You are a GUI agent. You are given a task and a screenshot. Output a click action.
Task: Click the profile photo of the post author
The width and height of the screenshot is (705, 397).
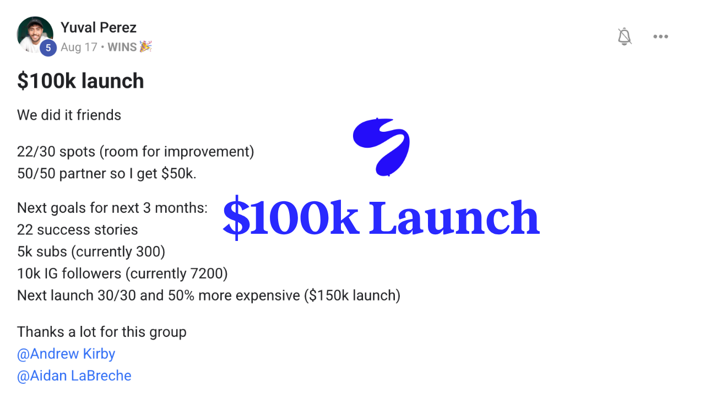(x=35, y=35)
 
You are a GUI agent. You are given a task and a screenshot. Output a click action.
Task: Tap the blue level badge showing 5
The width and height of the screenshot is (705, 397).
(x=48, y=48)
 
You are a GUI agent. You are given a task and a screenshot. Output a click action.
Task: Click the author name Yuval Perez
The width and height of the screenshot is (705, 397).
(x=99, y=28)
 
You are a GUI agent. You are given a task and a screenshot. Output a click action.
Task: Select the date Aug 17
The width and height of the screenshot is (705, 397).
(x=79, y=47)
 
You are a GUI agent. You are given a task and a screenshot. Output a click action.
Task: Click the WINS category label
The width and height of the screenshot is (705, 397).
(x=122, y=47)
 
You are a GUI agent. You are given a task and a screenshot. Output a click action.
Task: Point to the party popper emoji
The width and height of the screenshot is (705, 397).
(x=145, y=47)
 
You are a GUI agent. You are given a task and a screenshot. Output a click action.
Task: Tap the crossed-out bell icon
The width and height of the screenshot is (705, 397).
(x=625, y=36)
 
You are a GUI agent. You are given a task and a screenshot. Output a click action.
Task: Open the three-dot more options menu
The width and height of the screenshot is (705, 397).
(x=660, y=36)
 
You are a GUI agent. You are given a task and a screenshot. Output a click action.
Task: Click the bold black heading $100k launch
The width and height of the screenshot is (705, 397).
(x=80, y=81)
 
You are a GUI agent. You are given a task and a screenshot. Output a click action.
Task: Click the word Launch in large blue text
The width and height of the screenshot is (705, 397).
(x=454, y=218)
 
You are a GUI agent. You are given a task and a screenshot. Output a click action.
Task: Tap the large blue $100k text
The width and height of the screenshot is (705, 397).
(x=291, y=218)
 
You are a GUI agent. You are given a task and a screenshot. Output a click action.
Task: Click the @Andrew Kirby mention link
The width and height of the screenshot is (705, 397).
(x=66, y=354)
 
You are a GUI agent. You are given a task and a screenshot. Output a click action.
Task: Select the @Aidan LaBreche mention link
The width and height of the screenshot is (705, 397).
(x=74, y=376)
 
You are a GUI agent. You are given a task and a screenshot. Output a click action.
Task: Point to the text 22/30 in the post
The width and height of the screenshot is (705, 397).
(x=36, y=152)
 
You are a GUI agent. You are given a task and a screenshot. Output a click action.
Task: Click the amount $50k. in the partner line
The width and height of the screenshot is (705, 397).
(x=179, y=174)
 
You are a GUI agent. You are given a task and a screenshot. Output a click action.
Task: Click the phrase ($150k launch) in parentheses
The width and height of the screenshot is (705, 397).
(x=352, y=296)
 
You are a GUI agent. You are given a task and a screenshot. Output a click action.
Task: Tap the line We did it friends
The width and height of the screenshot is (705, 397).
(x=69, y=115)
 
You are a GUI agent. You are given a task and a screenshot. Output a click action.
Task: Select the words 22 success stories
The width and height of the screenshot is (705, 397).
(x=78, y=230)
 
